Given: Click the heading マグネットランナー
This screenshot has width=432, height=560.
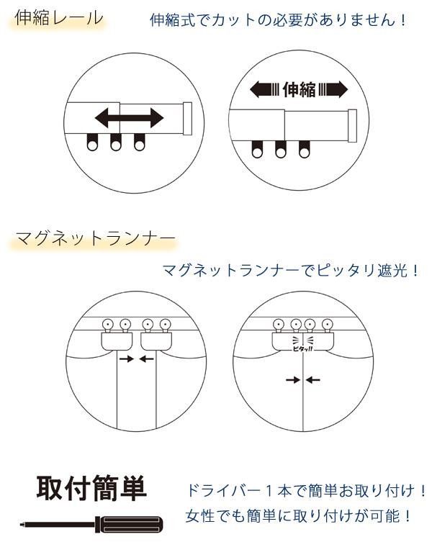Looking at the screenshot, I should (94, 238).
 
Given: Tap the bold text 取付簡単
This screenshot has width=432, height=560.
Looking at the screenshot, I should (91, 489).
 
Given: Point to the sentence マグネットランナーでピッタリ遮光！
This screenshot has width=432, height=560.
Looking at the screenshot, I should (291, 271).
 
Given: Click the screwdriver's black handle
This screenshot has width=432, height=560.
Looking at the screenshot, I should (132, 523).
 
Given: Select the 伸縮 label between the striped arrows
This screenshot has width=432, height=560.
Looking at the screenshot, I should (299, 90).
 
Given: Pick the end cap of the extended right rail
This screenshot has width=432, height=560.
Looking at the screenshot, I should (352, 125).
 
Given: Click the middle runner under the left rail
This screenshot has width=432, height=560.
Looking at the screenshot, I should (115, 143).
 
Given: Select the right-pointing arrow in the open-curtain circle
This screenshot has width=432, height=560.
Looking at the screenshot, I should (126, 358).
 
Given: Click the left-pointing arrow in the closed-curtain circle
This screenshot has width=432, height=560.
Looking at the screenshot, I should (314, 379).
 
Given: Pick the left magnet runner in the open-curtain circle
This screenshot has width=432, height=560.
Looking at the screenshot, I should (117, 338).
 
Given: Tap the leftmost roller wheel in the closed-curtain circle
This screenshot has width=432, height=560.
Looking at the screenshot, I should (277, 323).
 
